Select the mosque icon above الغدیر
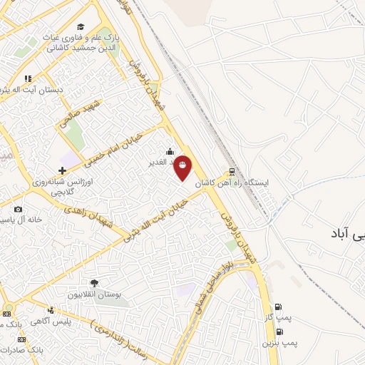[x=170, y=151]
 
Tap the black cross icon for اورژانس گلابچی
[x=63, y=170]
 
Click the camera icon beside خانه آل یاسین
[x=18, y=209]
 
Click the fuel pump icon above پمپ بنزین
[x=279, y=331]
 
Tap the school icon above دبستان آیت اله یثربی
[x=27, y=78]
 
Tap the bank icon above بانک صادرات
[x=6, y=339]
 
